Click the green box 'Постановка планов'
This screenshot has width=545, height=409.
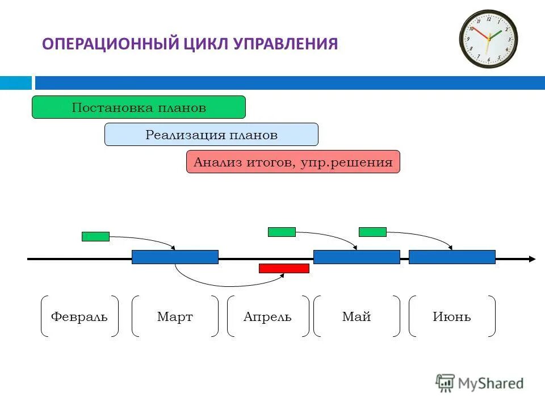click(x=139, y=107)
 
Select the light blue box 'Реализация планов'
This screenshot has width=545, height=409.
click(x=211, y=135)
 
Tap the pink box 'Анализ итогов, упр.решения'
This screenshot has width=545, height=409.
click(x=293, y=162)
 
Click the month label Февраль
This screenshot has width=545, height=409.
click(x=79, y=316)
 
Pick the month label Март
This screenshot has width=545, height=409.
click(x=175, y=316)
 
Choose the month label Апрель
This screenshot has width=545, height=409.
click(x=268, y=316)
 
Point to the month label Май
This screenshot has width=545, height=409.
click(x=357, y=316)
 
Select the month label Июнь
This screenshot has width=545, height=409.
click(x=452, y=316)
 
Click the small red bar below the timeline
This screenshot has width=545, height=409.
click(x=284, y=268)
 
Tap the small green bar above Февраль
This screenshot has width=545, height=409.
click(x=95, y=236)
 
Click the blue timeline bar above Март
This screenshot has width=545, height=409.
click(x=175, y=257)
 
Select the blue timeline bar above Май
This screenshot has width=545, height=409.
click(x=357, y=257)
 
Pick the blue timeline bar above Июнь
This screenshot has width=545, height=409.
click(x=452, y=257)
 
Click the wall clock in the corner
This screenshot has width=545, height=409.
click(x=488, y=39)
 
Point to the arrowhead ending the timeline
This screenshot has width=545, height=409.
click(x=532, y=259)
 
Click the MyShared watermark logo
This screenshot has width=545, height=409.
click(x=480, y=383)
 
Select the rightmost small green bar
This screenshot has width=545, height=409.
click(x=372, y=232)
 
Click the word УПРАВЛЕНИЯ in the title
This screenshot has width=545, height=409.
click(x=286, y=44)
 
